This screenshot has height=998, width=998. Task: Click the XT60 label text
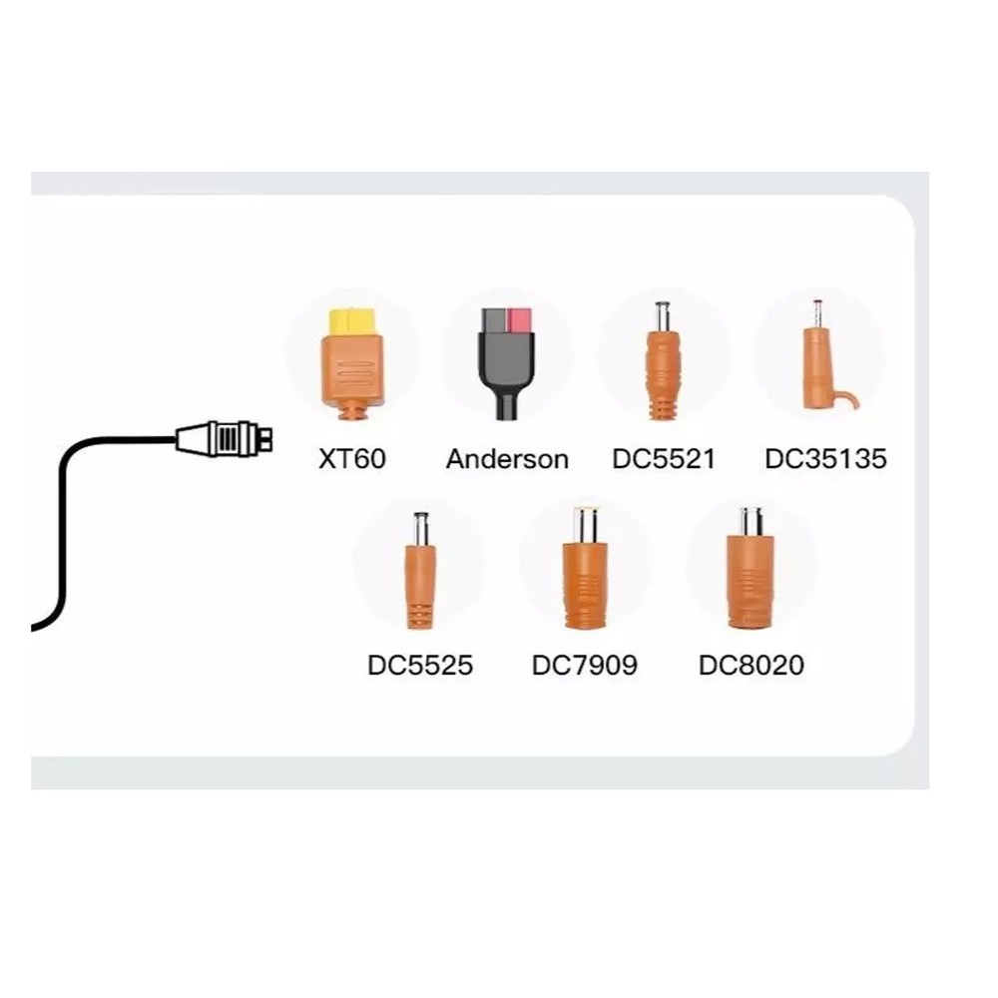(351, 459)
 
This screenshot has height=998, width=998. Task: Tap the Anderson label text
(507, 459)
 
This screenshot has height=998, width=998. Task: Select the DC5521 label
(664, 459)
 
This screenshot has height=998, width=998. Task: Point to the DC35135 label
(825, 459)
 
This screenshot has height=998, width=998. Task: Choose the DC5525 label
(420, 665)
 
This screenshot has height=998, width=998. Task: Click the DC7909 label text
(584, 665)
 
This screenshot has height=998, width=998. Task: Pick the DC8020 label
(750, 665)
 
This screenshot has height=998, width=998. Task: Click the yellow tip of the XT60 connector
(352, 321)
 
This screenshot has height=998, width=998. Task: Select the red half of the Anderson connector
(520, 320)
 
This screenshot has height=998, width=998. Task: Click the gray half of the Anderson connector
(493, 321)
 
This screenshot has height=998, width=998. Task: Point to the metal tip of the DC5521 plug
(662, 316)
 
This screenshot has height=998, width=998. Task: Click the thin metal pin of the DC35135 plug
(817, 311)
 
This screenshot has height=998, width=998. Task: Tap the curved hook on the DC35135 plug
(849, 399)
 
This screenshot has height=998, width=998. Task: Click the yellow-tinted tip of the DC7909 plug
(585, 524)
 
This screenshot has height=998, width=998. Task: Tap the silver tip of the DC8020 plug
(750, 521)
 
